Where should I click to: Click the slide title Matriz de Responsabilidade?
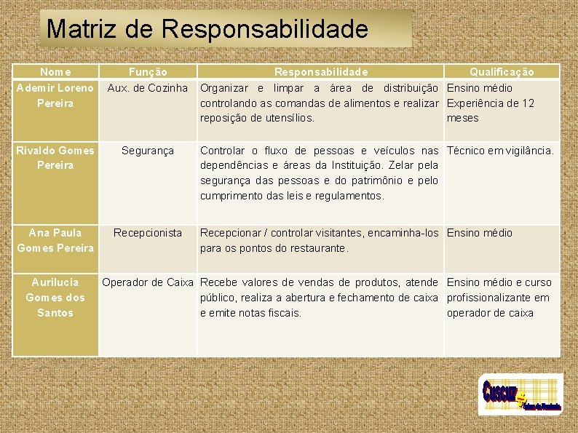[x=207, y=29]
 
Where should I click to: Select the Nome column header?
[x=55, y=72]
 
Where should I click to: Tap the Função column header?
[x=148, y=72]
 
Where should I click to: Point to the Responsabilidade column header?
[x=320, y=72]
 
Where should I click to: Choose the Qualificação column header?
[x=502, y=72]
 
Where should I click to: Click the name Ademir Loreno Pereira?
[x=55, y=95]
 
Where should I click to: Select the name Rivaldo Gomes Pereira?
[x=55, y=158]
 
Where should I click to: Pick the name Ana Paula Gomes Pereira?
[x=55, y=240]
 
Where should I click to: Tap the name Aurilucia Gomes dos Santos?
[x=55, y=297]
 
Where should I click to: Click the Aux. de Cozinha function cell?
[x=148, y=88]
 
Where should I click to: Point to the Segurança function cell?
[x=148, y=151]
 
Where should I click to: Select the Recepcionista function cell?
[x=148, y=233]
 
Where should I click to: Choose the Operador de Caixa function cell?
[x=148, y=282]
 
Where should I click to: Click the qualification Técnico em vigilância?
[x=500, y=151]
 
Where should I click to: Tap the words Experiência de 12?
[x=490, y=103]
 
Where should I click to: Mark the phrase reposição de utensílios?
[x=257, y=118]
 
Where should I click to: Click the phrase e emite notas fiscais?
[x=250, y=313]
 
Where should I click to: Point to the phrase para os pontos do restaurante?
[x=274, y=248]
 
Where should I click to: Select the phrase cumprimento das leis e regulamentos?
[x=292, y=196]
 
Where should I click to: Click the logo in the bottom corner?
[x=520, y=394]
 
